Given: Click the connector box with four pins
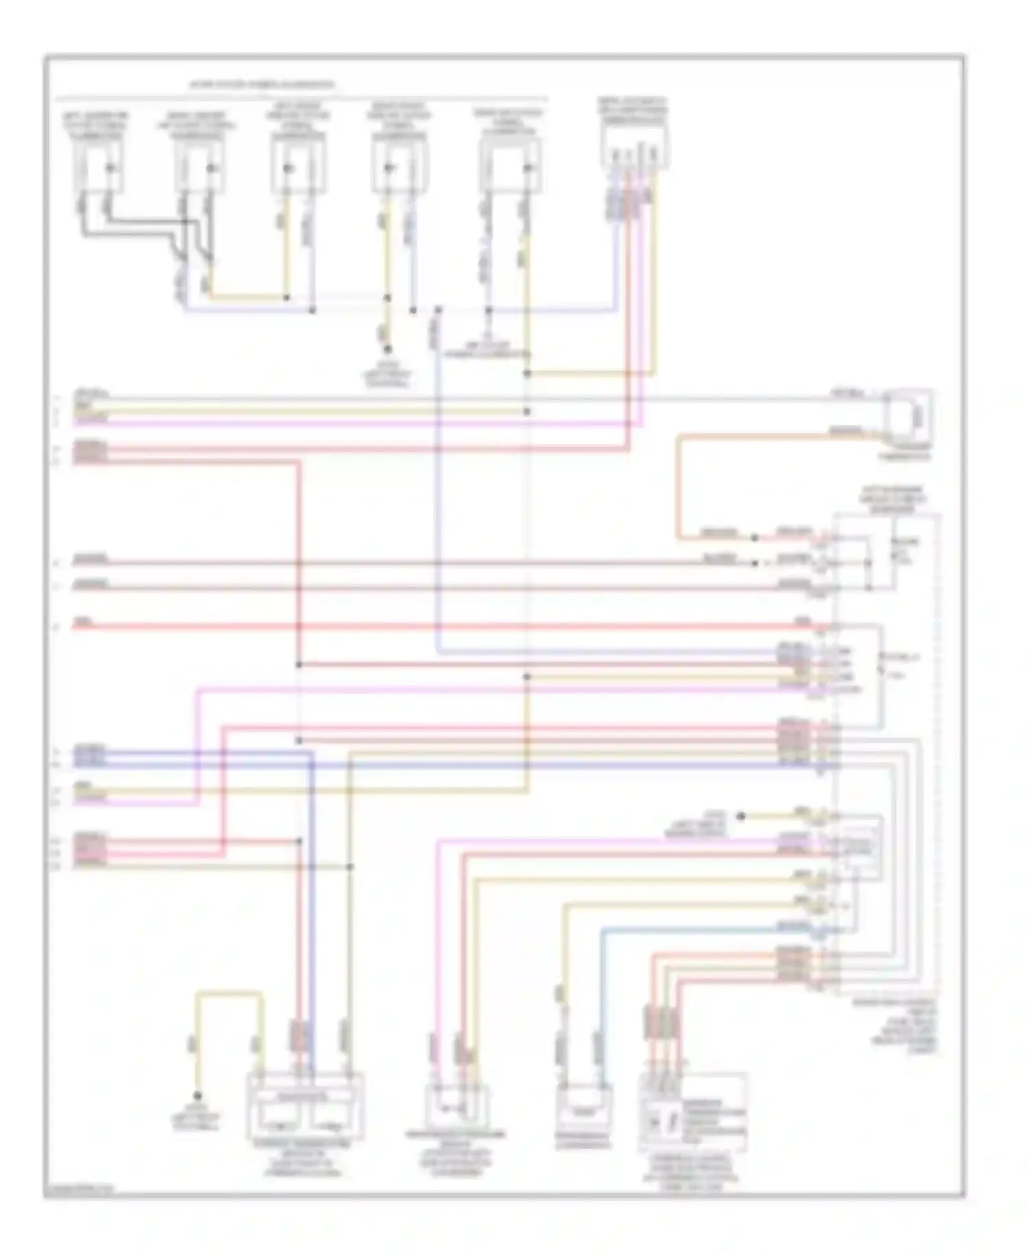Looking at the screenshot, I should coord(635,147).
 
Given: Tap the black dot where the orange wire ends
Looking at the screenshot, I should coord(754,537).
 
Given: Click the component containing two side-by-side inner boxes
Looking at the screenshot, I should coord(305,1115).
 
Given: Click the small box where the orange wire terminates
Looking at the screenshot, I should coord(908,415).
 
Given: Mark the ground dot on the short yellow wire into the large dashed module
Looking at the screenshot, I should coord(741,816).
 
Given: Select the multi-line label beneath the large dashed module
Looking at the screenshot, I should coord(894,1025).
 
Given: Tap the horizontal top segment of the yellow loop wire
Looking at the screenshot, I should coord(229,992).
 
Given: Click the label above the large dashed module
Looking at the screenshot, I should coord(892,500).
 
